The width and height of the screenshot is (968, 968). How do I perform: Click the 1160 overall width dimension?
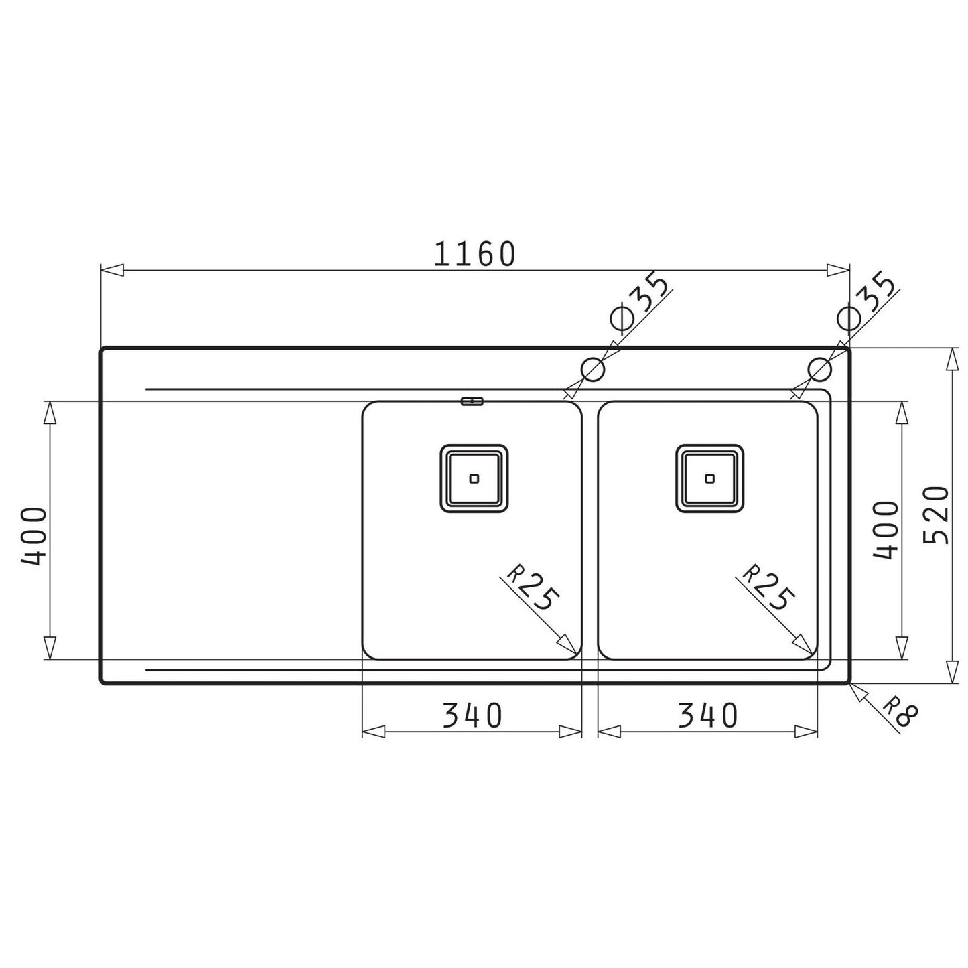(x=474, y=254)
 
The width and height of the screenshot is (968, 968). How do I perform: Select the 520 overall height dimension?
(x=936, y=515)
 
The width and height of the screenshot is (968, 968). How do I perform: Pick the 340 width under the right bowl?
(x=707, y=715)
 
